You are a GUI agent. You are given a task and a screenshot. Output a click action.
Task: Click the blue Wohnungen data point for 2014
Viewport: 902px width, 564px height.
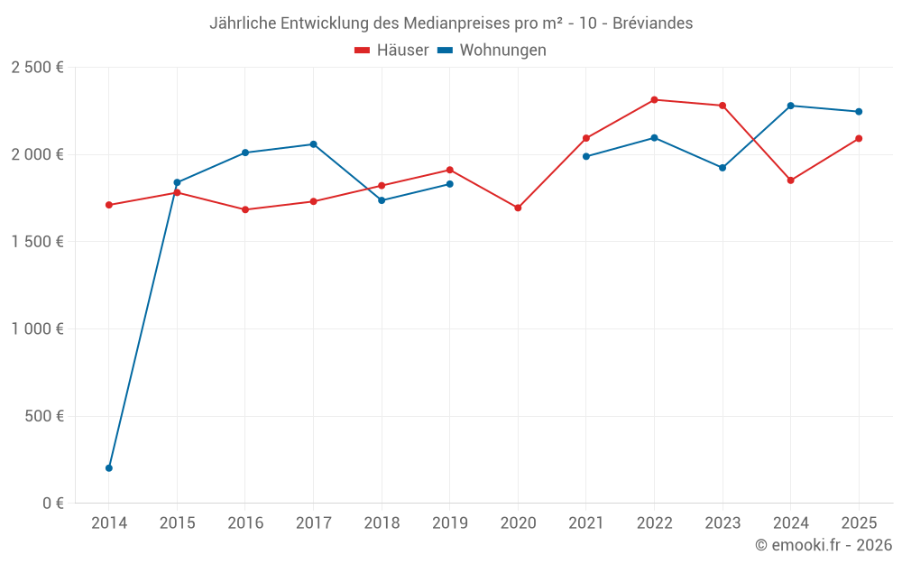tap(109, 467)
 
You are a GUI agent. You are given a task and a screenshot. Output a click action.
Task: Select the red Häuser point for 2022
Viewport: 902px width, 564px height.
tap(654, 100)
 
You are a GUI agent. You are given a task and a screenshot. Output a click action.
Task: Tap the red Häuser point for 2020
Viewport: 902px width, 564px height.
tap(518, 208)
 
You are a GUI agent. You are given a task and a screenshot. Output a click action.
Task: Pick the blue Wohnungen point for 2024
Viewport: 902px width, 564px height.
tap(790, 106)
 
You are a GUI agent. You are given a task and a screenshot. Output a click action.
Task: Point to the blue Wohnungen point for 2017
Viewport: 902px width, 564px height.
tap(313, 144)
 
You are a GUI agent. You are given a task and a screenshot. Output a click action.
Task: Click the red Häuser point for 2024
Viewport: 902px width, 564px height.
tap(790, 180)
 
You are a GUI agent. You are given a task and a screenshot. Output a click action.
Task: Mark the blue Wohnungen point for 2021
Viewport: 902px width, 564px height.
tap(586, 156)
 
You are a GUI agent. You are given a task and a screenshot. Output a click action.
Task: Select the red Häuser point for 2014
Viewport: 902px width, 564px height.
tap(109, 205)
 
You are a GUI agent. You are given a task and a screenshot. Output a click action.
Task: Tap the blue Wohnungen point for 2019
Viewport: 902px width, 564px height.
tap(450, 184)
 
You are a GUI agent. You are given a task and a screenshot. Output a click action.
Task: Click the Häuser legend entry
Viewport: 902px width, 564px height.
tap(391, 51)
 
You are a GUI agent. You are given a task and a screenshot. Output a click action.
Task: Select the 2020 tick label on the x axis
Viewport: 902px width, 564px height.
tap(518, 523)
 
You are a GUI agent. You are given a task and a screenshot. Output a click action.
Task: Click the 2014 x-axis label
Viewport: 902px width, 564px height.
tap(109, 523)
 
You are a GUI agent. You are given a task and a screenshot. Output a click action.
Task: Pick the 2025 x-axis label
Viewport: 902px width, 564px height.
tap(858, 523)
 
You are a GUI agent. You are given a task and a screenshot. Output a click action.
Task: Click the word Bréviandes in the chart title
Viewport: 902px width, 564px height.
tap(652, 23)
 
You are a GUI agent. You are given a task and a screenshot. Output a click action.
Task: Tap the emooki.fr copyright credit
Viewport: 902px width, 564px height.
tap(823, 545)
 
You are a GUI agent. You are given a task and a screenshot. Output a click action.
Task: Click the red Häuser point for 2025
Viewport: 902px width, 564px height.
tap(859, 138)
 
